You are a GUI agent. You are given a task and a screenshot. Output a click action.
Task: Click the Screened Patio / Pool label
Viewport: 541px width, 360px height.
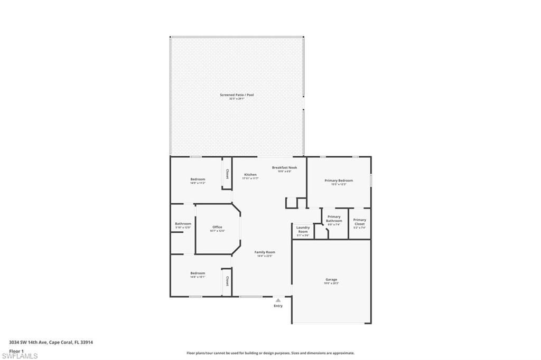tap(237, 95)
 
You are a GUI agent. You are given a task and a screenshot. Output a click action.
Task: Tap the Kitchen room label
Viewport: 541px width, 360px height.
tap(250, 175)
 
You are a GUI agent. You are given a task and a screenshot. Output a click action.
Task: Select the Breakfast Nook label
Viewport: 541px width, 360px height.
tap(284, 167)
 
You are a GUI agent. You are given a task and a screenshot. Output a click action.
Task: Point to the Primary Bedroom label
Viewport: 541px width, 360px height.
tap(339, 181)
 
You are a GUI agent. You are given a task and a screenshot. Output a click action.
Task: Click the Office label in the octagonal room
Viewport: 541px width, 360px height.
tap(217, 227)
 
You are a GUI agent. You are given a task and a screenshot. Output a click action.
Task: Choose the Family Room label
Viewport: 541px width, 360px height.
tap(266, 252)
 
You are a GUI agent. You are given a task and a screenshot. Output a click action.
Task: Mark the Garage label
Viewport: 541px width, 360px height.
tap(331, 279)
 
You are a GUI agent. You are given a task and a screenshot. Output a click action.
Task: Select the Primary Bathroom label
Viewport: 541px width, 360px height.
tap(334, 219)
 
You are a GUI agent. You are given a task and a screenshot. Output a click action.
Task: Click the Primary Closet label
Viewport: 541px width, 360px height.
tap(360, 222)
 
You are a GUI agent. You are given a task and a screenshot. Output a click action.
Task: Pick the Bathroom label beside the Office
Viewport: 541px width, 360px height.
tap(183, 224)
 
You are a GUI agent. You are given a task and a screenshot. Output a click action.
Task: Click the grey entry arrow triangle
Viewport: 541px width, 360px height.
tap(278, 300)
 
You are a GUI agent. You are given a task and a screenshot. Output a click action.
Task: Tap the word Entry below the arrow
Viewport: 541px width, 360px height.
tap(278, 306)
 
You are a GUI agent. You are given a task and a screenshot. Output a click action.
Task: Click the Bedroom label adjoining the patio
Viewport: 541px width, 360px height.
tap(198, 179)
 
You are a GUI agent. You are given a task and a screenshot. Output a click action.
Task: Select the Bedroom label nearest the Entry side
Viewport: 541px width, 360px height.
tap(198, 273)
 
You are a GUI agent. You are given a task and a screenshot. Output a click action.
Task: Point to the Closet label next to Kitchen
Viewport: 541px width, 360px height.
tap(227, 174)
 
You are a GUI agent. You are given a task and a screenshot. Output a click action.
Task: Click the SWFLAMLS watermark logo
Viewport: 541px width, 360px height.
tap(20, 356)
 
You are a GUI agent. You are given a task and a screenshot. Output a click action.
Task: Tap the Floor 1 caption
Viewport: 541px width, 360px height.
tap(16, 350)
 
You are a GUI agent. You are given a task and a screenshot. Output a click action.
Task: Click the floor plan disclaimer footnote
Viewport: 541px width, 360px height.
tap(270, 353)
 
